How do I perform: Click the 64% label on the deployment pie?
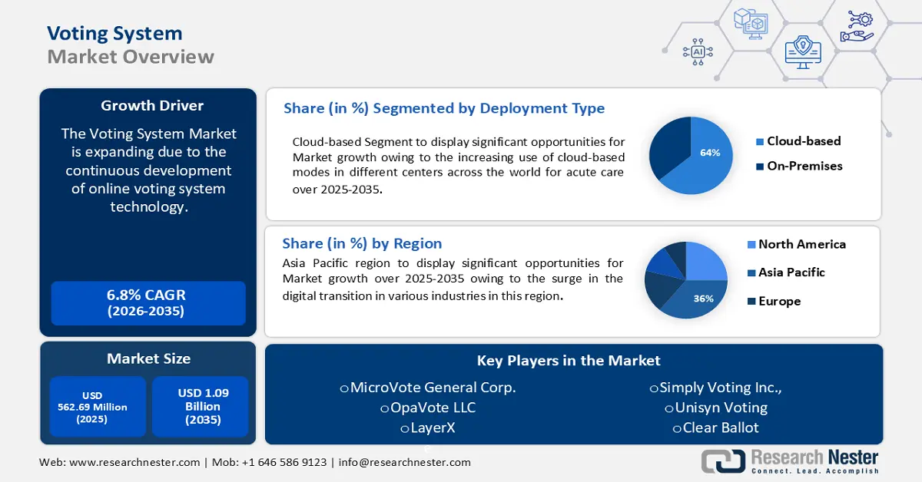pyautogui.click(x=710, y=153)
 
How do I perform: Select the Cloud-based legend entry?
pyautogui.click(x=803, y=141)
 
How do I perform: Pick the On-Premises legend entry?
pyautogui.click(x=804, y=166)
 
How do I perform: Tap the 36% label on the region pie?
pyautogui.click(x=703, y=299)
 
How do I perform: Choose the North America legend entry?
pyautogui.click(x=801, y=244)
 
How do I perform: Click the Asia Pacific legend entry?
pyautogui.click(x=791, y=272)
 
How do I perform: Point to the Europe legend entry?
pyautogui.click(x=778, y=301)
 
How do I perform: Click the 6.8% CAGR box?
pyautogui.click(x=147, y=303)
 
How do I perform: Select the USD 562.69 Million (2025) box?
pyautogui.click(x=97, y=407)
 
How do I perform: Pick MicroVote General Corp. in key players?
pyautogui.click(x=432, y=388)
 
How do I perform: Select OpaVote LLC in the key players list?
pyautogui.click(x=432, y=408)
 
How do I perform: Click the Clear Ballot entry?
pyautogui.click(x=719, y=428)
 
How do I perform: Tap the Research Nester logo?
pyautogui.click(x=791, y=461)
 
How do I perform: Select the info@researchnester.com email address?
pyautogui.click(x=404, y=463)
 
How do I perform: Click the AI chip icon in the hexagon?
pyautogui.click(x=698, y=51)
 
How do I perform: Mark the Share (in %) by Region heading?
pyautogui.click(x=362, y=243)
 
